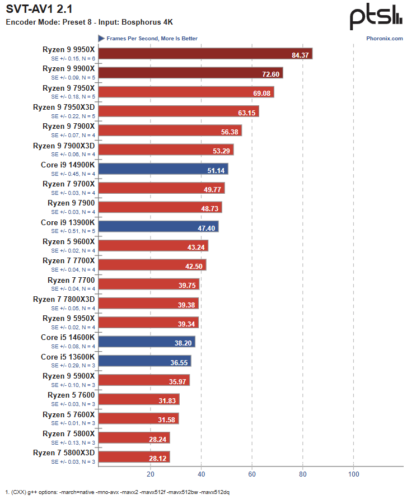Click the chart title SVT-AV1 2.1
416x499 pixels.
pos(39,10)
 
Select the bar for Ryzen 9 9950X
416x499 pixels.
pos(205,54)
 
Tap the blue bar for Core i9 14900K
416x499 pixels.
pos(163,169)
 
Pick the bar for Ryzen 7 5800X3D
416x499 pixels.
pos(134,457)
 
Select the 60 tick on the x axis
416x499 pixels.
pos(252,474)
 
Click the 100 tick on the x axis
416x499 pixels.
pos(353,474)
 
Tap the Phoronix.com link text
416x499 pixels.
pos(385,39)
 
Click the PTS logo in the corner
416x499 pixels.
pos(376,17)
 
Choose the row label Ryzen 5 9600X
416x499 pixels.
pos(69,241)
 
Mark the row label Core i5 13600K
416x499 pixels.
pos(68,357)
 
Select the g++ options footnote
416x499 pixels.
pos(118,492)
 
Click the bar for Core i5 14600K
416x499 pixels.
pos(147,342)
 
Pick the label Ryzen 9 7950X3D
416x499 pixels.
pos(64,107)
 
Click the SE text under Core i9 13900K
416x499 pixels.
pos(73,231)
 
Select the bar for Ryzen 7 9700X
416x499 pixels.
pos(161,188)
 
